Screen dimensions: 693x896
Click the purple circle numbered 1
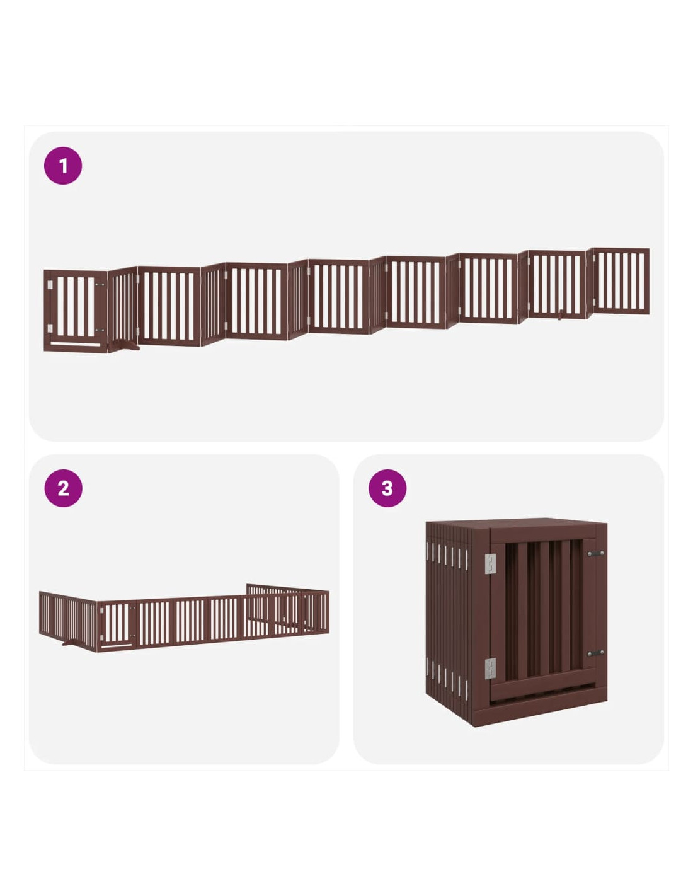pos(63,165)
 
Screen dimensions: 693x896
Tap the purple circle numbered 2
pos(63,488)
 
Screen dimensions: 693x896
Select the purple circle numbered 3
pos(387,488)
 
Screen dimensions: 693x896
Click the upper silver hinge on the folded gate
pos(490,564)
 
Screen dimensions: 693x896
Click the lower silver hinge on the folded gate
pos(490,668)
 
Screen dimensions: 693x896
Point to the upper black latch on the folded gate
pos(595,553)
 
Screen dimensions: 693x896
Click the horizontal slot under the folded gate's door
pos(542,696)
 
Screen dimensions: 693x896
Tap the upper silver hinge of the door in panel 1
pos(50,285)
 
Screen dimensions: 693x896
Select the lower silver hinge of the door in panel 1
pos(50,328)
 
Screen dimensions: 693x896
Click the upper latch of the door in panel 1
pos(100,284)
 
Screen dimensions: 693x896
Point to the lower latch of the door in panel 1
pos(100,330)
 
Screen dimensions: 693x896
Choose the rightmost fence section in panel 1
pos(621,281)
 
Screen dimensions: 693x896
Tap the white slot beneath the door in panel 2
pos(117,646)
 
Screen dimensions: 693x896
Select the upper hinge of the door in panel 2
pos(102,611)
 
